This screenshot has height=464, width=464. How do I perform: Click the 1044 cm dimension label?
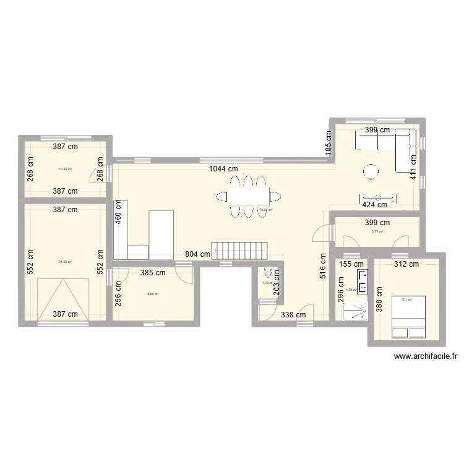pyautogui.click(x=223, y=168)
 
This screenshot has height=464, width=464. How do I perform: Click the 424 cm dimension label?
pyautogui.click(x=374, y=204)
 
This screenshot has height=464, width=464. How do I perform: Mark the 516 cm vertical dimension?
pyautogui.click(x=323, y=267)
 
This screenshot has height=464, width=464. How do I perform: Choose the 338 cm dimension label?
pyautogui.click(x=293, y=315)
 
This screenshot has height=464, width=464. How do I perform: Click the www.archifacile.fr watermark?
pyautogui.click(x=425, y=356)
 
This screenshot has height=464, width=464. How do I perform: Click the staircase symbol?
pyautogui.click(x=239, y=251)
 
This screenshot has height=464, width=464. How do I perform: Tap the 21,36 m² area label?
pyautogui.click(x=65, y=262)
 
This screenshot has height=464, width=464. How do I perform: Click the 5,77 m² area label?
pyautogui.click(x=377, y=232)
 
